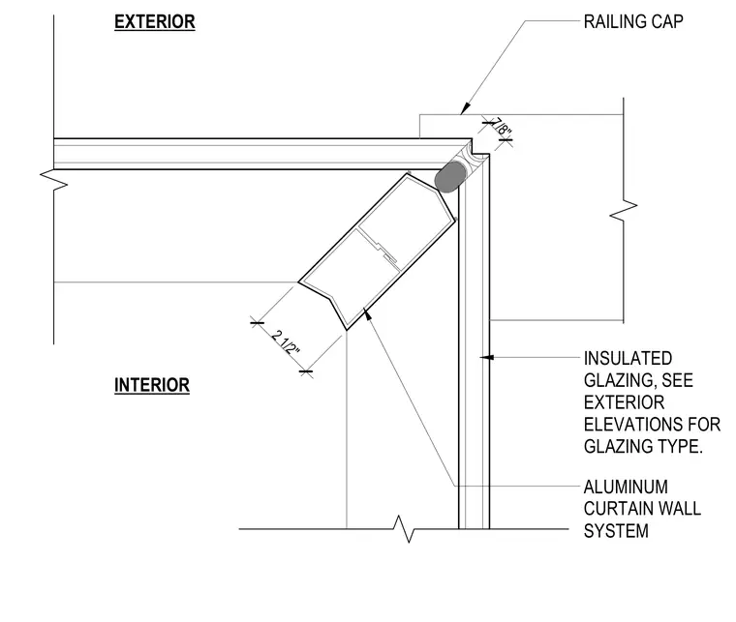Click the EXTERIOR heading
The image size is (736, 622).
[154, 22]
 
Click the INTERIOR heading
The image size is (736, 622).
[152, 385]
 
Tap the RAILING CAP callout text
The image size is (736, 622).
[633, 21]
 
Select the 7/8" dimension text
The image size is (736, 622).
[501, 126]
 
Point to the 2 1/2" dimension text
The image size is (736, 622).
[285, 343]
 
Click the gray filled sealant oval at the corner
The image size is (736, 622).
[450, 176]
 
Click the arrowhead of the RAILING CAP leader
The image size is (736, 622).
[465, 108]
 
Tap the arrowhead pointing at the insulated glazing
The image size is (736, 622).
[486, 357]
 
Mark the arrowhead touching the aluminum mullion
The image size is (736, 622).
[367, 312]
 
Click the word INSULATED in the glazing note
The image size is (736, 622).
[628, 359]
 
